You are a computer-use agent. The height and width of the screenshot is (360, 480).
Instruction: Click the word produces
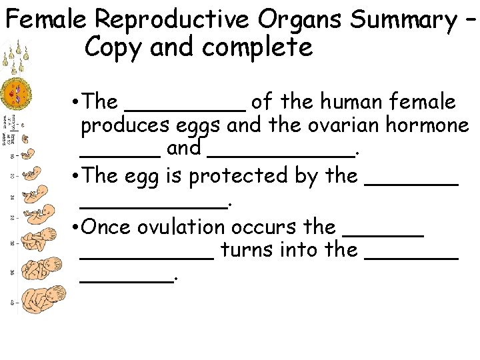pyautogui.click(x=119, y=125)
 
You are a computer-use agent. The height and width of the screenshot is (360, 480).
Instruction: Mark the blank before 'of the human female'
pyautogui.click(x=185, y=107)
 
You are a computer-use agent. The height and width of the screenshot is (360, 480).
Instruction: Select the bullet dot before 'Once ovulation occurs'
pyautogui.click(x=73, y=227)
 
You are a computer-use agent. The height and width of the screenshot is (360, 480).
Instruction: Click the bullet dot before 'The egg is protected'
pyautogui.click(x=73, y=177)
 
